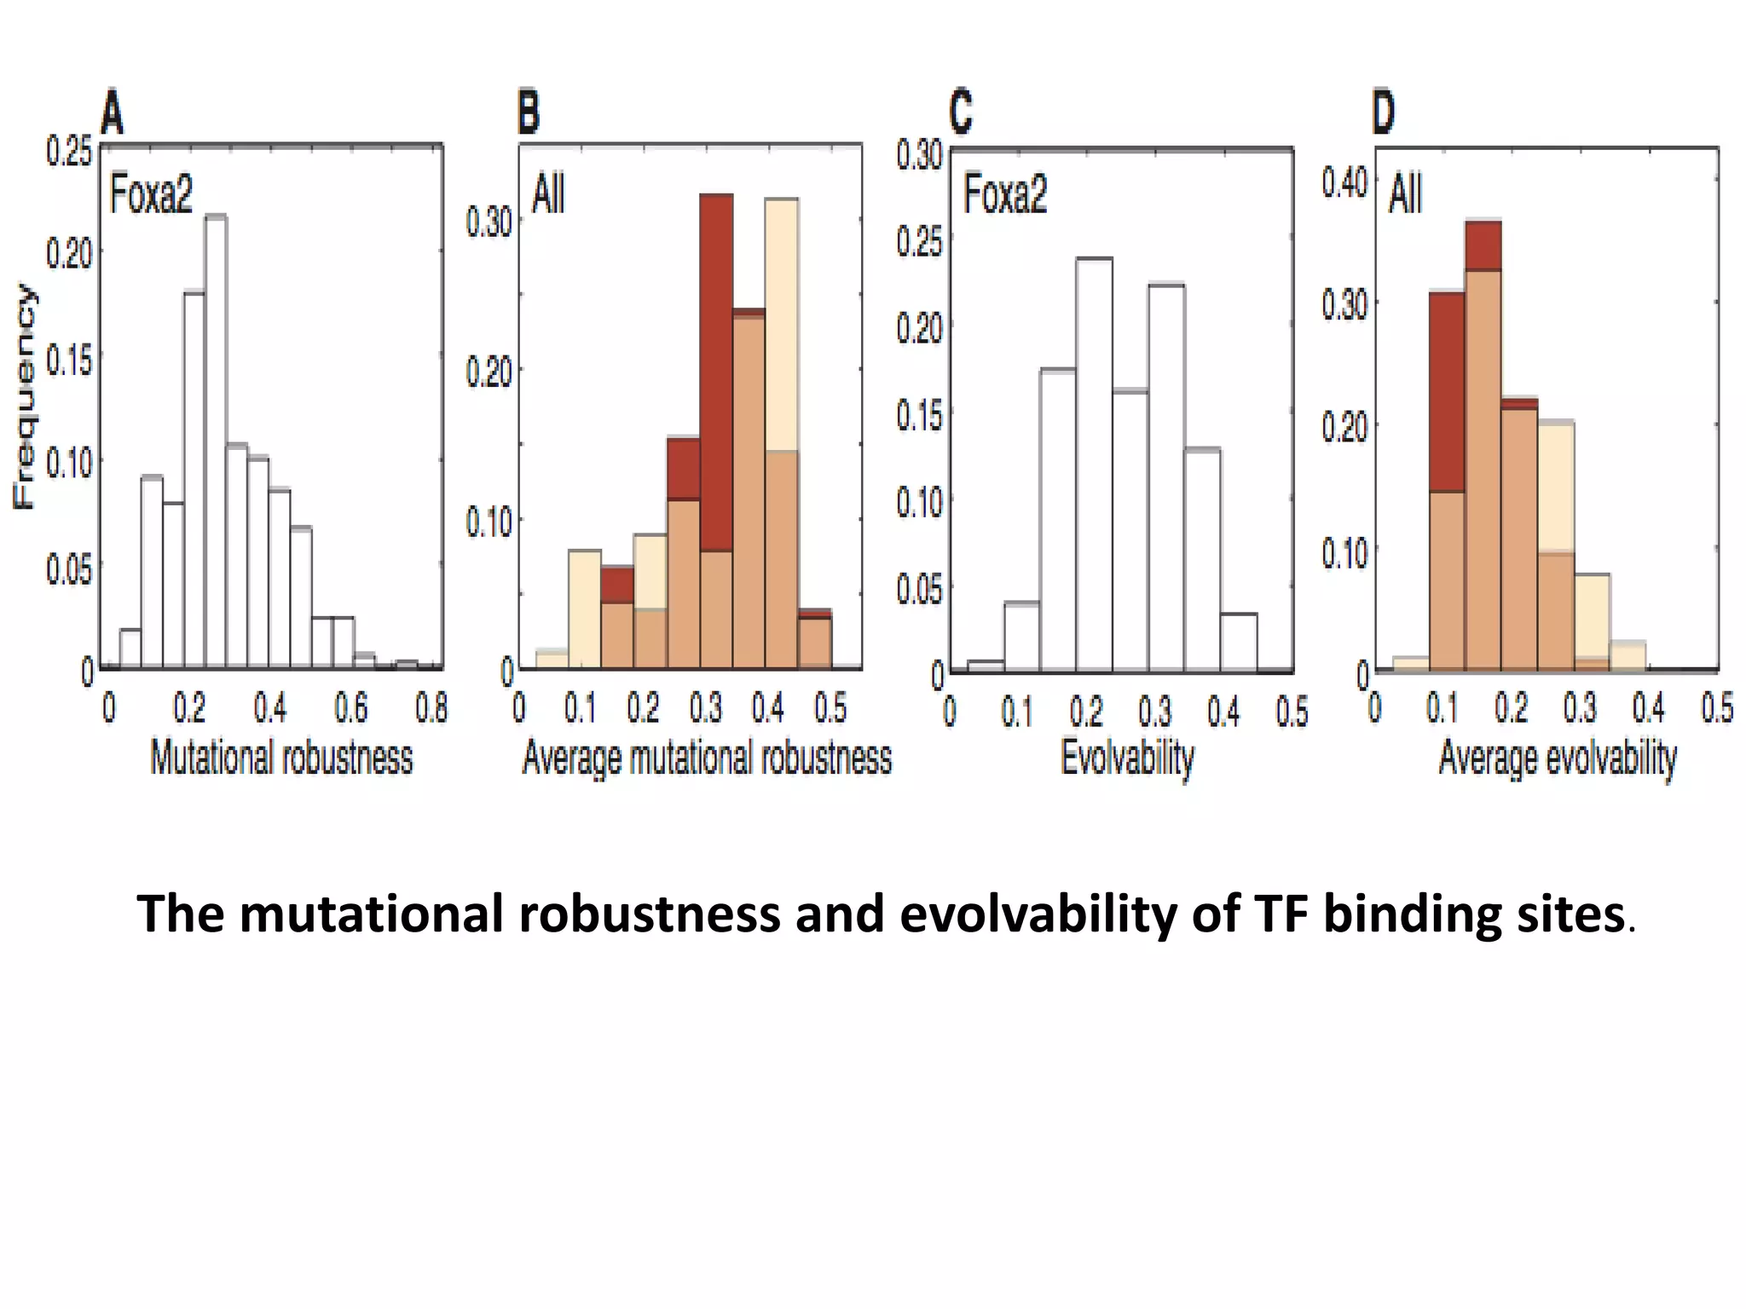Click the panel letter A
113,114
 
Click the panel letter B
529,114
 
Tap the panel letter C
961,114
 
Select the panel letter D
1383,114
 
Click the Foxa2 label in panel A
151,194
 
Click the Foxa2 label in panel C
1005,194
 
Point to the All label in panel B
548,194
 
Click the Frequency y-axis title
25,397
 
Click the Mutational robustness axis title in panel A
281,758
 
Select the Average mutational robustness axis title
707,758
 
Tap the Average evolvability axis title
1558,758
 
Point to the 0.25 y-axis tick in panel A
67,153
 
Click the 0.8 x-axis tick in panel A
431,707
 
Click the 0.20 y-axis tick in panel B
489,372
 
